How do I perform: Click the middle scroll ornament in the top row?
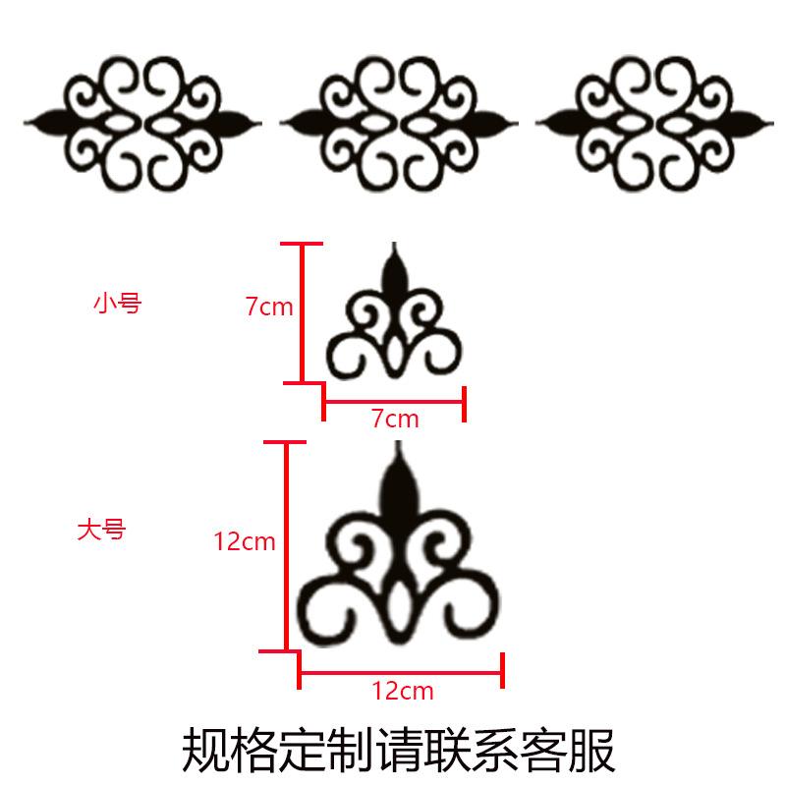[398, 122]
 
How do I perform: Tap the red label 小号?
[117, 304]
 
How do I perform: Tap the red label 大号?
[101, 531]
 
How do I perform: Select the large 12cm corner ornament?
[398, 560]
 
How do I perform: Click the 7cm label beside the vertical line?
[268, 307]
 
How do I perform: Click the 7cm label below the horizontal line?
[395, 420]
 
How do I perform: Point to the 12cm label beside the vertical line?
[244, 540]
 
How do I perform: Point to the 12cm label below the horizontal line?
[403, 691]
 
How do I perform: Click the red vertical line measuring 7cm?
[303, 312]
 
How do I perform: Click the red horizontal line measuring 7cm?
[393, 401]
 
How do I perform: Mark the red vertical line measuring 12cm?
[288, 546]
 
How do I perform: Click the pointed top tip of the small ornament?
[395, 246]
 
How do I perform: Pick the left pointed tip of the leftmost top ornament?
[28, 123]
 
